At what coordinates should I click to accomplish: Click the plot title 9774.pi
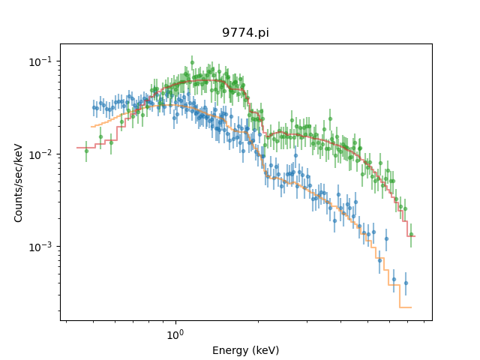[x=245, y=33]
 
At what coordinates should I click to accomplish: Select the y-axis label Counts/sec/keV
[x=19, y=182]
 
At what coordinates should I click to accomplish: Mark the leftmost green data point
[x=86, y=151]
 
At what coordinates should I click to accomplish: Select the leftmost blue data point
[x=94, y=107]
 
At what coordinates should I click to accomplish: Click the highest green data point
[x=192, y=62]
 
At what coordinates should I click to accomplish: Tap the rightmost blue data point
[x=406, y=283]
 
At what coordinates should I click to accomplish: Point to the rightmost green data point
[x=411, y=234]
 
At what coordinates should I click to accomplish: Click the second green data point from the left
[x=100, y=136]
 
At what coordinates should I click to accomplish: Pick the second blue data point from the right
[x=394, y=279]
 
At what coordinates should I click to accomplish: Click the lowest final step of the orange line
[x=405, y=307]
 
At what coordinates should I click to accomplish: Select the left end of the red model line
[x=77, y=147]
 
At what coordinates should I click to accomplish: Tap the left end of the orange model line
[x=91, y=126]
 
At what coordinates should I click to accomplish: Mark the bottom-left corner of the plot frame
[x=61, y=320]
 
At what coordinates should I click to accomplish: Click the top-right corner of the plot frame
[x=432, y=43]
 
